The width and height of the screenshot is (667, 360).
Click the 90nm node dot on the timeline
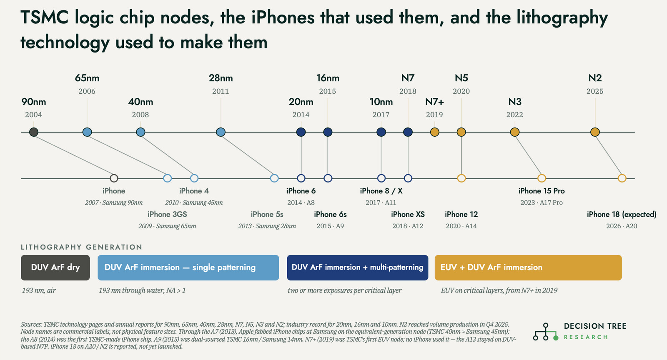click(34, 132)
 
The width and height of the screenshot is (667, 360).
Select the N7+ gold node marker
click(434, 132)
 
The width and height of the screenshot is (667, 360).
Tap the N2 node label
click(595, 78)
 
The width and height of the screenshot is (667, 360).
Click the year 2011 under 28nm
click(221, 91)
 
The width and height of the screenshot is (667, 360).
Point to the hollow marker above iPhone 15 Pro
click(542, 178)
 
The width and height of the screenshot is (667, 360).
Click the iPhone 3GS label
click(167, 214)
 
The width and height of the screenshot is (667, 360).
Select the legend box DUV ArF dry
click(55, 267)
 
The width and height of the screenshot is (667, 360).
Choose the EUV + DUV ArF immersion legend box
click(528, 267)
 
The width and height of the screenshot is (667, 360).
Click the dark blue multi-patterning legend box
click(357, 267)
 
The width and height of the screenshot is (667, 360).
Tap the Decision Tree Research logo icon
click(546, 332)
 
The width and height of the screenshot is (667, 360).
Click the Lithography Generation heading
click(81, 247)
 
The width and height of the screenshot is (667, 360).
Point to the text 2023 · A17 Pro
click(542, 202)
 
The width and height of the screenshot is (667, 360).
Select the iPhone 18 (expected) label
click(622, 214)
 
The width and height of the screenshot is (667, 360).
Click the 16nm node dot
click(328, 132)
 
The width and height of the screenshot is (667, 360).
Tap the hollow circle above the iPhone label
click(114, 178)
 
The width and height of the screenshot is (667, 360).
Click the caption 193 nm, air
click(39, 290)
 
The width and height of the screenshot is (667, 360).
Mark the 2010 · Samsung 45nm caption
click(194, 202)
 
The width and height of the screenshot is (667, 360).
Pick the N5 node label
click(461, 78)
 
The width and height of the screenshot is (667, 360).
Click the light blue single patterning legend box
click(188, 267)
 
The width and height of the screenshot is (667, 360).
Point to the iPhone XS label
click(408, 214)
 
